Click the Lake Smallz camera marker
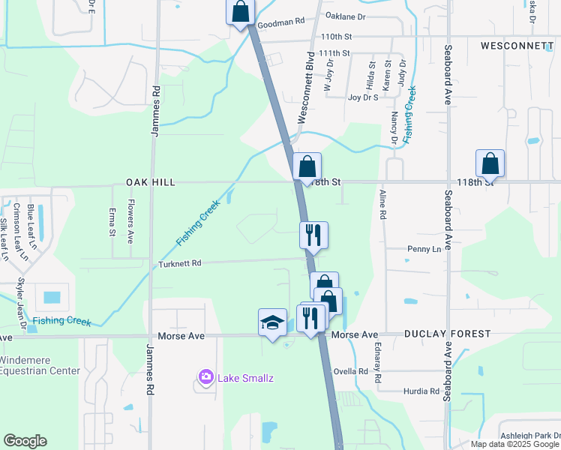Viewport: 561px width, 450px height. [205, 376]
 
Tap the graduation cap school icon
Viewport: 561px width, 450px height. [272, 323]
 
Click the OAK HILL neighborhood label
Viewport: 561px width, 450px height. [151, 182]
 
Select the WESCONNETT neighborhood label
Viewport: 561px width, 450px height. [517, 46]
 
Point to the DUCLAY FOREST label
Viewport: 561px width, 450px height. [447, 334]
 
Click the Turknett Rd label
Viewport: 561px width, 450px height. [180, 264]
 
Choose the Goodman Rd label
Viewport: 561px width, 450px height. [282, 24]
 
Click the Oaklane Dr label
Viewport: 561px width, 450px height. [345, 15]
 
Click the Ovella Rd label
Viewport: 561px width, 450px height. [352, 371]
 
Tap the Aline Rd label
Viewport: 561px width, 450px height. [382, 204]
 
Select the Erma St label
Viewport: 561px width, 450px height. [112, 222]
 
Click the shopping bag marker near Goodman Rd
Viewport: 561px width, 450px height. [241, 13]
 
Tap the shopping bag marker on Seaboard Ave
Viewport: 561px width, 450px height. [490, 163]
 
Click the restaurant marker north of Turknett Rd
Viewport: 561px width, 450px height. [313, 235]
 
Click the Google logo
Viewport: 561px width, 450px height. [25, 441]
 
